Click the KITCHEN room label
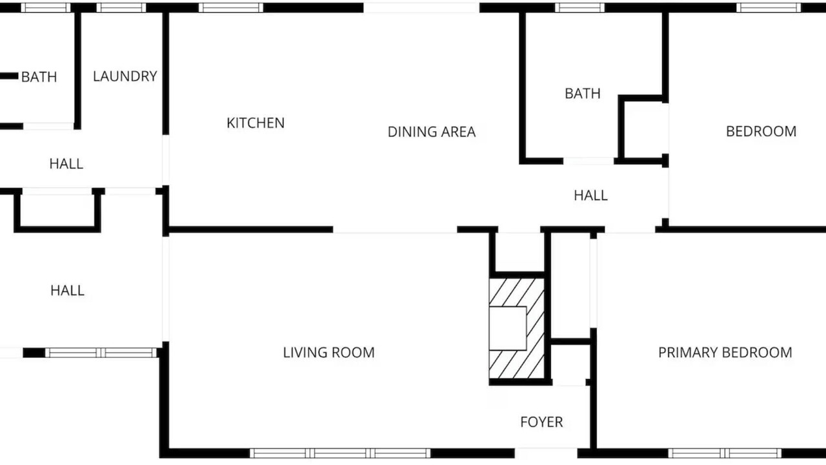point(256,123)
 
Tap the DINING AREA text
point(432,132)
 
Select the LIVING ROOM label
point(328,353)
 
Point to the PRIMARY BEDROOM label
point(725,353)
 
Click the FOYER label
point(541,422)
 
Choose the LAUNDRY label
point(125,76)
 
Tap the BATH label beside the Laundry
point(39,77)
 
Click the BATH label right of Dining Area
point(583,94)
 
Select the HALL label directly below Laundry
point(66,163)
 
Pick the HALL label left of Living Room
point(68,291)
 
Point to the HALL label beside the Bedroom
point(590,195)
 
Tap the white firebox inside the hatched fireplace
point(508,328)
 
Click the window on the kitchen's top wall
point(231,7)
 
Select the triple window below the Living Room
point(340,453)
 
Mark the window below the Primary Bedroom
point(725,453)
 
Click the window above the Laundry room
point(121,7)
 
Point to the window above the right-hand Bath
point(579,7)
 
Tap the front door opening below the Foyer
point(546,453)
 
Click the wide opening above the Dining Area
point(421,7)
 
